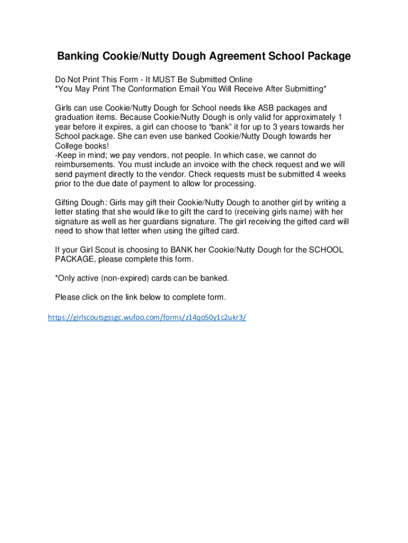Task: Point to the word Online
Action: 237,80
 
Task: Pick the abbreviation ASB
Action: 267,108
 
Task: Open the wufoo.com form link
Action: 147,318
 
